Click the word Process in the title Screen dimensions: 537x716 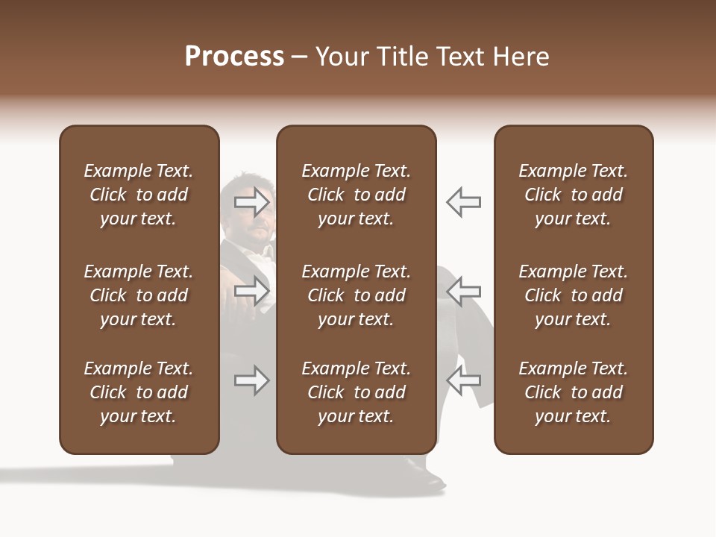point(234,57)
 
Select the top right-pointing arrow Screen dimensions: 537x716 point(252,201)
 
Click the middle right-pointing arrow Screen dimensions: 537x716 point(252,291)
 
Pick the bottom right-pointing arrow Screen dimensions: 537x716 point(252,380)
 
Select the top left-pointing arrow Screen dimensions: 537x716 point(463,201)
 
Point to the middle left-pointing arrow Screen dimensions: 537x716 point(463,291)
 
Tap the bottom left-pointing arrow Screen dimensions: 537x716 point(463,380)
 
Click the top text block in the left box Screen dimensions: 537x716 point(139,195)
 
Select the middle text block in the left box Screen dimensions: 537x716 point(139,295)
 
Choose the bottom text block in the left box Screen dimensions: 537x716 point(139,392)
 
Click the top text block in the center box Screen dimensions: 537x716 point(356,195)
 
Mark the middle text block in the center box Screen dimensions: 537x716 point(356,295)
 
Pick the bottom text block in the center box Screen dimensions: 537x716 point(356,392)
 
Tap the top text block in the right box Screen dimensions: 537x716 point(573,195)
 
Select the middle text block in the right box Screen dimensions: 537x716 point(573,295)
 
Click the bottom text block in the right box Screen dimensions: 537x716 point(573,392)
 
